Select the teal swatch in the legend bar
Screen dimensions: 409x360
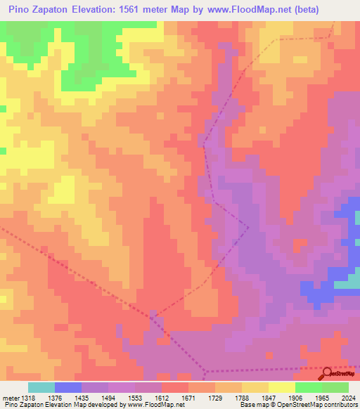click(x=41, y=387)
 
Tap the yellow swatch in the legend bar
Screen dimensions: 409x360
click(x=282, y=387)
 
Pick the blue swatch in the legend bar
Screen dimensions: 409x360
click(x=68, y=387)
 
